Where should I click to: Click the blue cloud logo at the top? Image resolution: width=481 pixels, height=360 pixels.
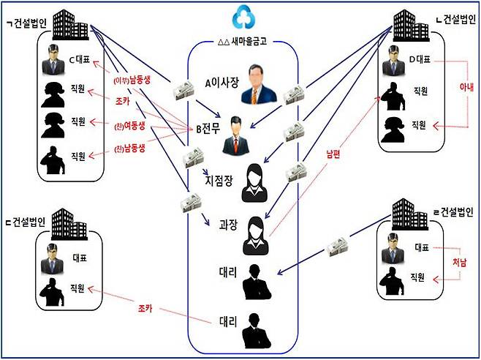(x=241, y=17)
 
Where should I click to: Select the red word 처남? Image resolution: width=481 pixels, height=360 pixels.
(x=460, y=263)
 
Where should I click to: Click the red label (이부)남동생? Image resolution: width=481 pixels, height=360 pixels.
(x=132, y=79)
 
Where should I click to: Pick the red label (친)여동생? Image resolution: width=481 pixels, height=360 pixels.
(x=132, y=125)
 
